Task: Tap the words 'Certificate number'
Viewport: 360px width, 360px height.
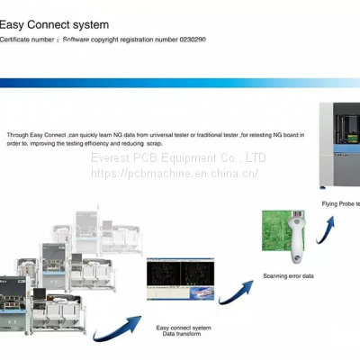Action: (29, 40)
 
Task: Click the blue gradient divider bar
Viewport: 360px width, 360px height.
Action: (180, 82)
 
